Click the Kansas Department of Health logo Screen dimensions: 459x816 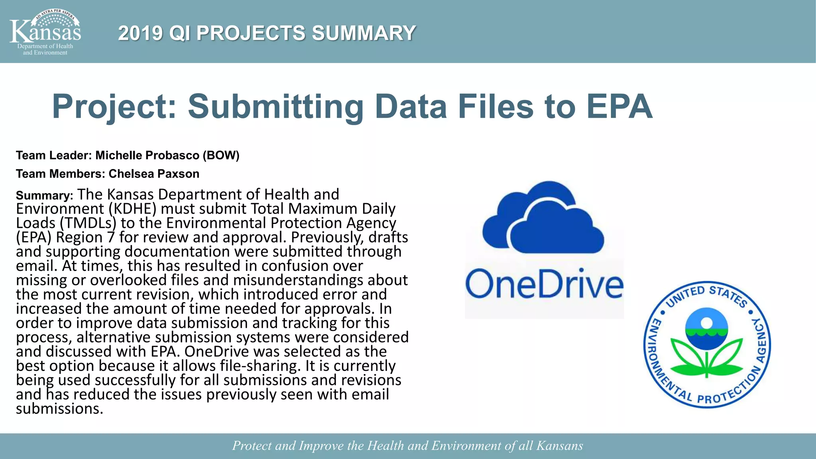click(x=45, y=32)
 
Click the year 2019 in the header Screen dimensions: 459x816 click(x=140, y=33)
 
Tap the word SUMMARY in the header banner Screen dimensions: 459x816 click(x=364, y=33)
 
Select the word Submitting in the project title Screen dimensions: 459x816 click(x=275, y=106)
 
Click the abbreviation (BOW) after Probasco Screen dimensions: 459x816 click(x=221, y=155)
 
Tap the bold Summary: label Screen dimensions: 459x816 click(x=44, y=196)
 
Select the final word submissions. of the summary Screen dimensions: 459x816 click(x=59, y=409)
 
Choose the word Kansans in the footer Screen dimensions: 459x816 click(x=559, y=445)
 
